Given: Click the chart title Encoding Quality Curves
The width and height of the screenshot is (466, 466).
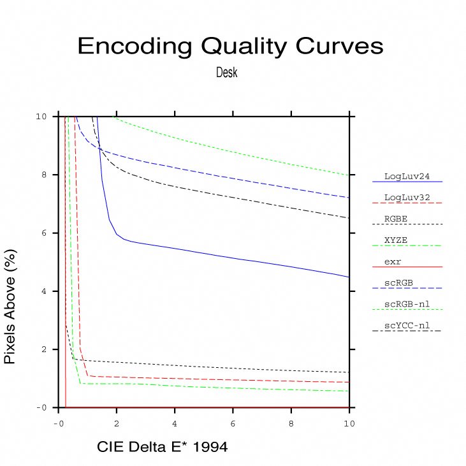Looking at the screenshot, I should [230, 47].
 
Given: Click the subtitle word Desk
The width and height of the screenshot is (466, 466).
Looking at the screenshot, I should [227, 73].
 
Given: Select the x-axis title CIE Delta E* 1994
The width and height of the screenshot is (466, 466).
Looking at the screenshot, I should [163, 448].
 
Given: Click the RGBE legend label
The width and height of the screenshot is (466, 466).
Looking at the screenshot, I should [396, 218].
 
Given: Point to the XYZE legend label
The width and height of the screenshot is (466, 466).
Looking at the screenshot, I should [396, 240].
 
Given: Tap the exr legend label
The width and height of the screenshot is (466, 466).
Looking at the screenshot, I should [393, 261].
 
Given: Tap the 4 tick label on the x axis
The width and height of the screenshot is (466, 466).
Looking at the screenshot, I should [175, 423].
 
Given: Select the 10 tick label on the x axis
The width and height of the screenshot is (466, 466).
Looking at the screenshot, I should [349, 423].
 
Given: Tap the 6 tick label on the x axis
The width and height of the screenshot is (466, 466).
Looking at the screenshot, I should [233, 423].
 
